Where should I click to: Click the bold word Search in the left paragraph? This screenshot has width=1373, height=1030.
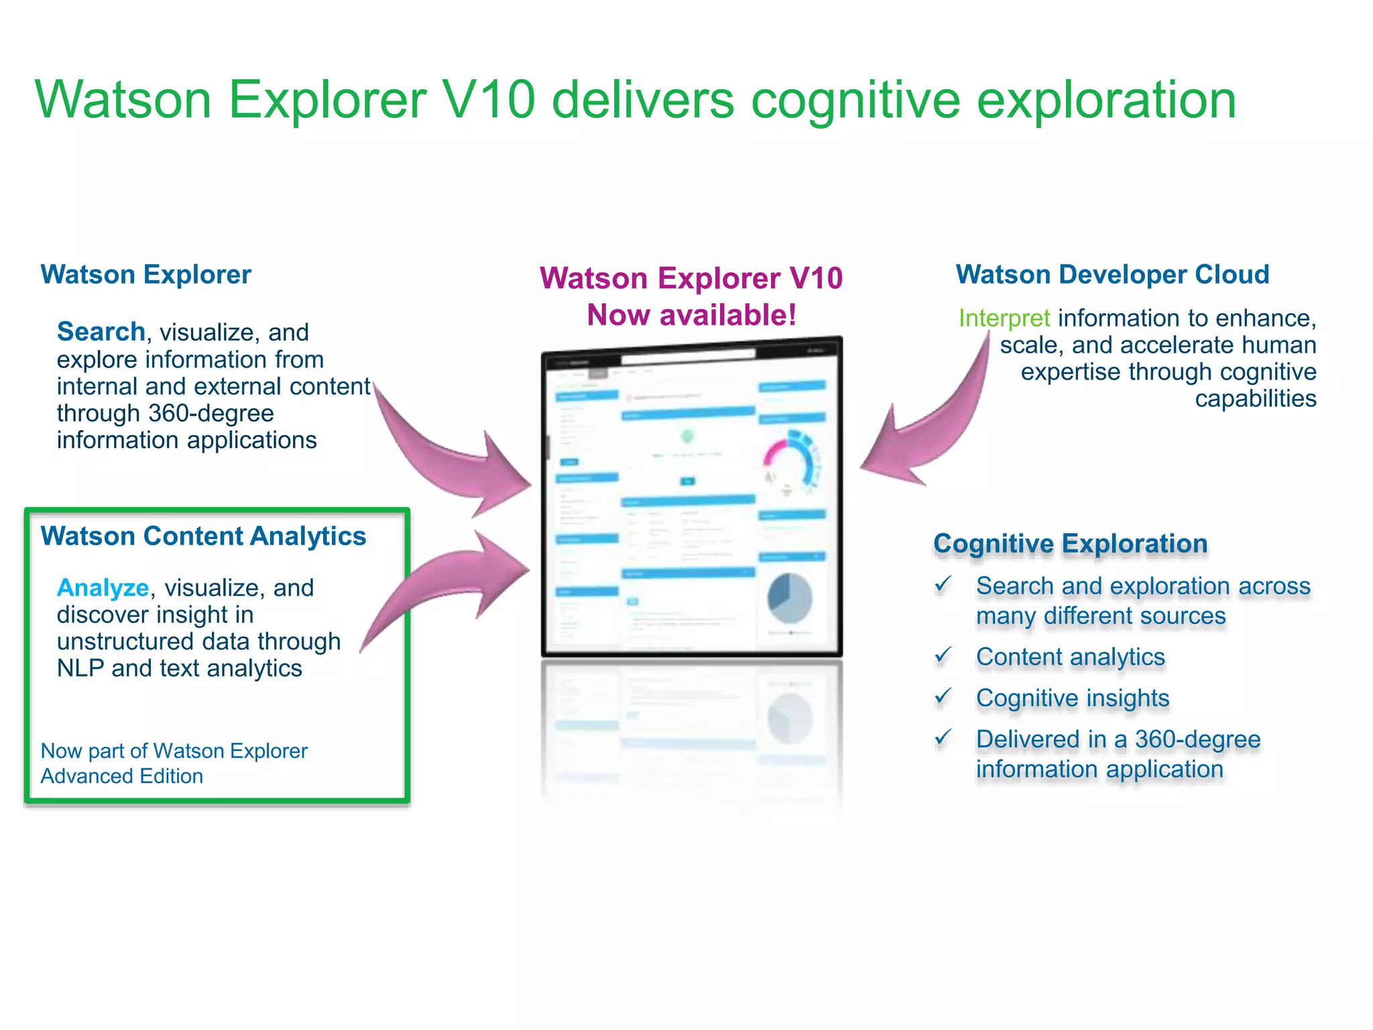pos(101,331)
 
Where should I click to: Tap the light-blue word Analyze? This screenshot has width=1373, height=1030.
pos(103,587)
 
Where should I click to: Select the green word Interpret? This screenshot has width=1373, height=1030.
pos(1004,318)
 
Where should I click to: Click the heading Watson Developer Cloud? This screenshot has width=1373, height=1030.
pos(1112,274)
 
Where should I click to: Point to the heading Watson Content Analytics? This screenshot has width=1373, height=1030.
pos(203,536)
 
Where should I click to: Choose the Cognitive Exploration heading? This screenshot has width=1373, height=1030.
pos(1070,543)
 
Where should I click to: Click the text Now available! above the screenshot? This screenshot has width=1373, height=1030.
pos(691,314)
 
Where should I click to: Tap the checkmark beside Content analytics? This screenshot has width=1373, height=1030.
pos(943,655)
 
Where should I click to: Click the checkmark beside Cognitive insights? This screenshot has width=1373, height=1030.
pos(943,696)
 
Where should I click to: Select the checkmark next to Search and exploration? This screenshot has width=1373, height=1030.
pos(943,584)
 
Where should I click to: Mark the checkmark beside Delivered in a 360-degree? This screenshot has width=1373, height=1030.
pos(943,738)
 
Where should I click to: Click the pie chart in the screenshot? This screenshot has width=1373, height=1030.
pos(789,598)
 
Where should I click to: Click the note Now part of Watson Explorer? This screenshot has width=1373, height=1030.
pos(174,751)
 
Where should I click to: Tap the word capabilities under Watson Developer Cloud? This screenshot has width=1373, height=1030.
pos(1255,398)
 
